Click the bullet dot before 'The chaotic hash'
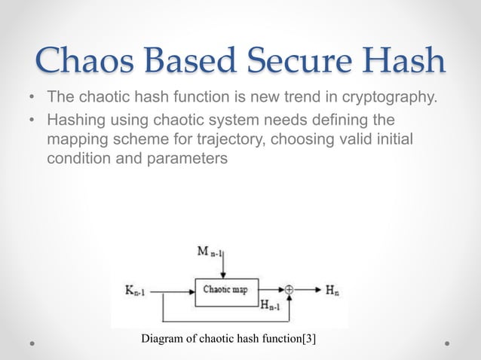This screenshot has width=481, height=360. coord(32,99)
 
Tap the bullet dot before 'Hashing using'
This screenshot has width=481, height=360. coord(32,121)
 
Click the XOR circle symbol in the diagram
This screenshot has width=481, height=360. coord(290,288)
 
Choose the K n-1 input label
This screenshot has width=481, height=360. coord(139,288)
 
